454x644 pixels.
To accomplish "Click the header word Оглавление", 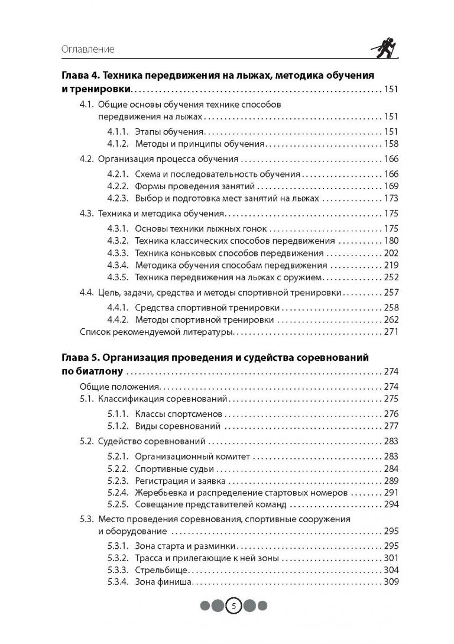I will point(88,49).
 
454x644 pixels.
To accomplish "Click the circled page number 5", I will point(234,606).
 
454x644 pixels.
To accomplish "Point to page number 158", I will point(391,144).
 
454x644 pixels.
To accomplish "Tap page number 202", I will point(391,253).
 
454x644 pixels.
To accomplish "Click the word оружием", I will point(299,277).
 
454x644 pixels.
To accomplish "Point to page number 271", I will point(391,332).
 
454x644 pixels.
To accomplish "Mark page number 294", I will point(391,505).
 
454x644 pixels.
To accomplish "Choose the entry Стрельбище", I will point(161,571).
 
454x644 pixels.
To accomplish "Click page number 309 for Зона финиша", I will point(391,582).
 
